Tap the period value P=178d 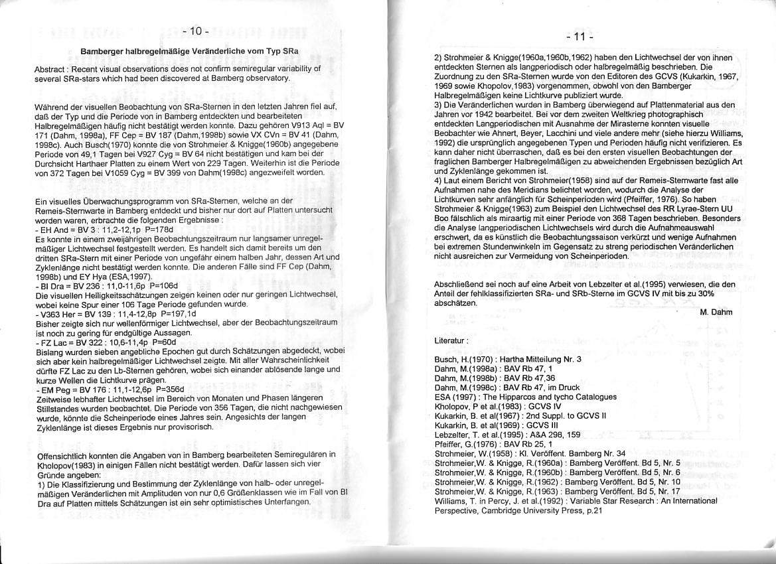[x=159, y=228]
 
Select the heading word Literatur [x=451, y=340]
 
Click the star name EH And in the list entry [x=51, y=228]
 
